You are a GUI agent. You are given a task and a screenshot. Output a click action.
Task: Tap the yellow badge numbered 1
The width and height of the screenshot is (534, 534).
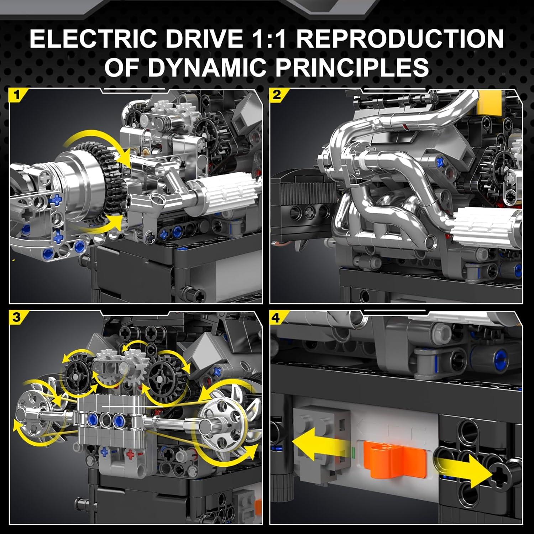[16, 95]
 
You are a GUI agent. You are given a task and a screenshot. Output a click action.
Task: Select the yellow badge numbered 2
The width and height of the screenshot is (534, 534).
[277, 95]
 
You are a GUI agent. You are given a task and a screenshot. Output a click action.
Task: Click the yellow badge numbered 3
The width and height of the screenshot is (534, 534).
[16, 317]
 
